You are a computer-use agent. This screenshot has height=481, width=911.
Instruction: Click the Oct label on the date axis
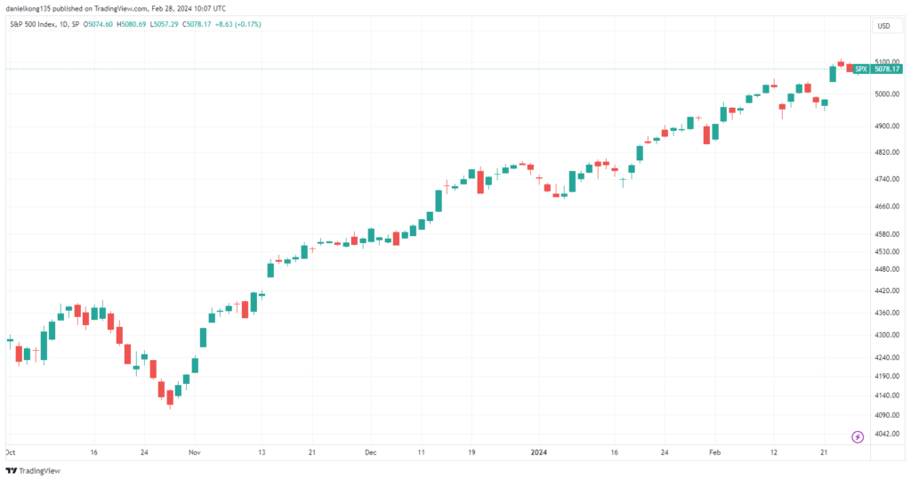10,452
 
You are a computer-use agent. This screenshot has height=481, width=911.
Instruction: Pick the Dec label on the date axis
370,452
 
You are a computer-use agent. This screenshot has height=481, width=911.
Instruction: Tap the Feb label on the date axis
715,452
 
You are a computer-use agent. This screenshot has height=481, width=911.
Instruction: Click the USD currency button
883,26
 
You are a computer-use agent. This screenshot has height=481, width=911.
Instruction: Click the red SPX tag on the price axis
860,69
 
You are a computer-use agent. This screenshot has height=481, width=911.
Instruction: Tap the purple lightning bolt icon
858,436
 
